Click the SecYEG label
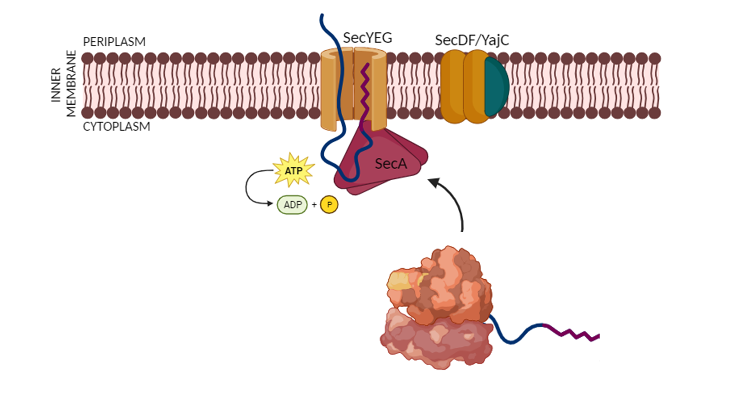367,38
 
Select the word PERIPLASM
114,42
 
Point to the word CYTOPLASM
116,126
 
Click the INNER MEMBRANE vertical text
63,84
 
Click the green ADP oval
292,205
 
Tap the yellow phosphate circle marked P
329,205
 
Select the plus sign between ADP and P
314,205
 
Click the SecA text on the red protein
391,164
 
